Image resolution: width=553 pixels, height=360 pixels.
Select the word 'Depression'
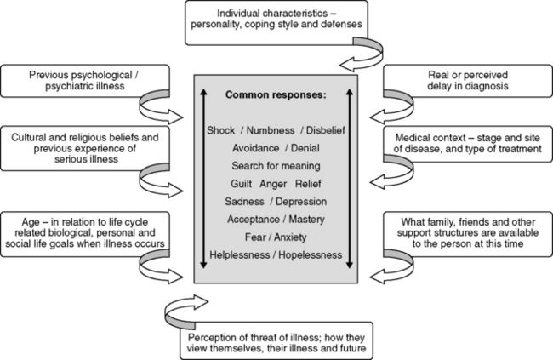click(x=304, y=201)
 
